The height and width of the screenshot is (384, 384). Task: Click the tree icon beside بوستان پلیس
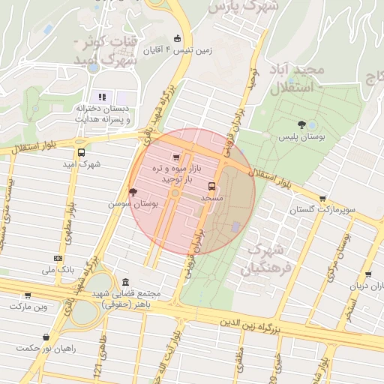(x=301, y=124)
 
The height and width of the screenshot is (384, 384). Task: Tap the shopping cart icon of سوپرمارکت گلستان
(x=322, y=199)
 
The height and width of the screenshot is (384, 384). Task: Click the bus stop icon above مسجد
(x=212, y=185)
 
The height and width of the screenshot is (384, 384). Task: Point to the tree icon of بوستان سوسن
(x=133, y=192)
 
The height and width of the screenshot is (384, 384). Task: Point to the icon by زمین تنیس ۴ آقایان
(x=177, y=39)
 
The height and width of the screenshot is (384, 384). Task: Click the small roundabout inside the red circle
(x=175, y=193)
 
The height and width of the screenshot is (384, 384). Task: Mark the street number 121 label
(x=97, y=368)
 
